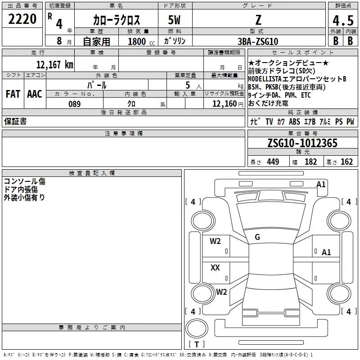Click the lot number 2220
click(22, 19)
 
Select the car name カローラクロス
click(117, 20)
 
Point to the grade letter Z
click(258, 20)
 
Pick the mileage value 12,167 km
click(55, 64)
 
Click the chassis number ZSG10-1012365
click(302, 143)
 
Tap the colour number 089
click(74, 104)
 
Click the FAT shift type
click(13, 94)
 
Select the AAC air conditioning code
click(34, 94)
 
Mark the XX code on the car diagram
click(215, 268)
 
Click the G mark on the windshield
click(257, 237)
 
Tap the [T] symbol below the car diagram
click(197, 345)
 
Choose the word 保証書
click(15, 121)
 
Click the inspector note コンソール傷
click(24, 181)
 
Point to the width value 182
click(311, 162)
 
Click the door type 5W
click(175, 20)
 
